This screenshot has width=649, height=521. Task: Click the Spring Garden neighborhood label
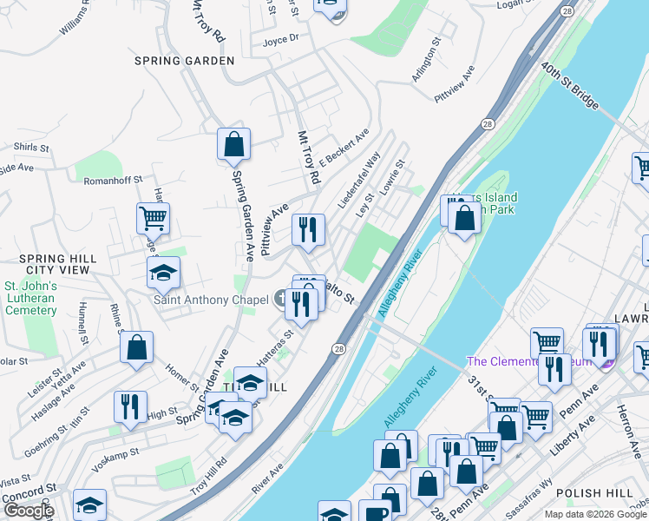pyautogui.click(x=185, y=61)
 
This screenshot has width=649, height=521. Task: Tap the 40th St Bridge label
pyautogui.click(x=569, y=86)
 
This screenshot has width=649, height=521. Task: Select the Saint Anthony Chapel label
pyautogui.click(x=211, y=300)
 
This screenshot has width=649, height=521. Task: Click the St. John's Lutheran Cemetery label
pyautogui.click(x=30, y=298)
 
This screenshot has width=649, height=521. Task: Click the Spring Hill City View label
pyautogui.click(x=55, y=265)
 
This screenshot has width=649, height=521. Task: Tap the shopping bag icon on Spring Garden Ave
pyautogui.click(x=234, y=145)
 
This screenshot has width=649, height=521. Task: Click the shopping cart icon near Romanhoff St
pyautogui.click(x=154, y=219)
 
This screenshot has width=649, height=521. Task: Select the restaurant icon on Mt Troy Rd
pyautogui.click(x=308, y=231)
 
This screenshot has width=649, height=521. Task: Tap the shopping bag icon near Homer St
pyautogui.click(x=137, y=348)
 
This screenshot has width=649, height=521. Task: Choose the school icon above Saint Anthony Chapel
pyautogui.click(x=162, y=274)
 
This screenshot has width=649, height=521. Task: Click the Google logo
pyautogui.click(x=28, y=511)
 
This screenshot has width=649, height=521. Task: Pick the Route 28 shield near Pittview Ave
pyautogui.click(x=488, y=124)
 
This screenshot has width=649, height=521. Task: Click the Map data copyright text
pyautogui.click(x=594, y=514)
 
